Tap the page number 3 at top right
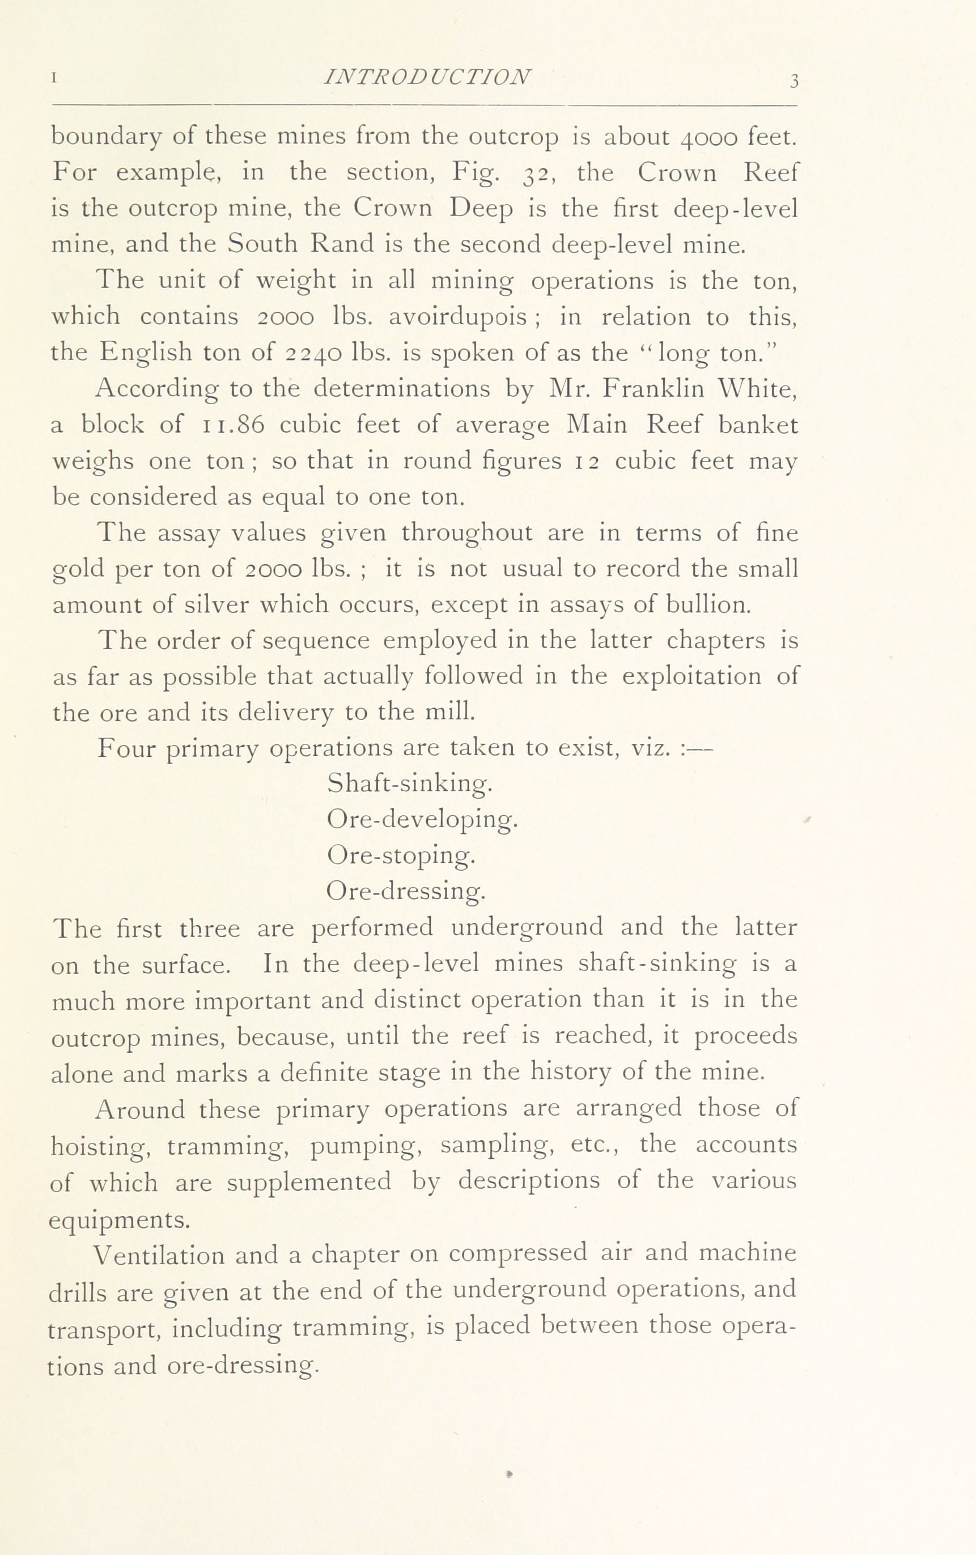point(793,81)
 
